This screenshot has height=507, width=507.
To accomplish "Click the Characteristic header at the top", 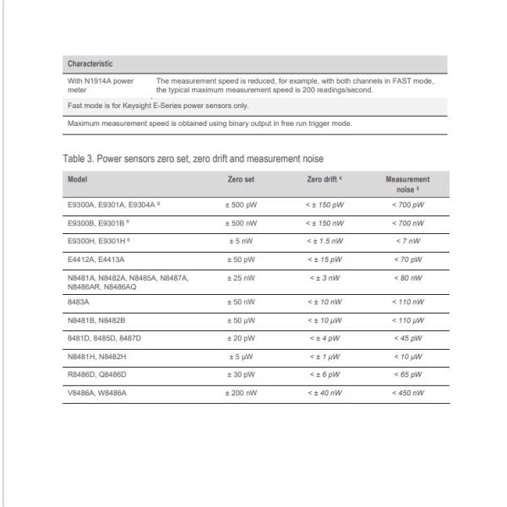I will (x=90, y=63).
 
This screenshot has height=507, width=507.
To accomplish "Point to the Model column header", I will (x=77, y=179).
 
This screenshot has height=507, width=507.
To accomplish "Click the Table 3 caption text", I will (x=192, y=158).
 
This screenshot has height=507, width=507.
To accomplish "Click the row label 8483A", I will (x=77, y=302).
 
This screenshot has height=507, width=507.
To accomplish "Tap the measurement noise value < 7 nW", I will (x=407, y=240).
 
